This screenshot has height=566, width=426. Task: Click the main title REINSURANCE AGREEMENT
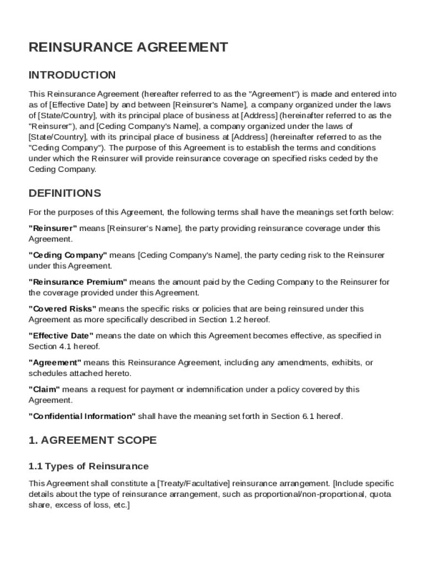pyautogui.click(x=128, y=48)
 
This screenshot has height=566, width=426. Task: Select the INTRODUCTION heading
pyautogui.click(x=72, y=75)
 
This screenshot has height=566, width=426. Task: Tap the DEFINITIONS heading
pyautogui.click(x=65, y=193)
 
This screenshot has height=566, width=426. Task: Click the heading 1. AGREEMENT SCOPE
pyautogui.click(x=92, y=441)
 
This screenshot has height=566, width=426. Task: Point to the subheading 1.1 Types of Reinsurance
pyautogui.click(x=89, y=467)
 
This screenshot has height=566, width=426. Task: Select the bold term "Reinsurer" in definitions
pyautogui.click(x=53, y=228)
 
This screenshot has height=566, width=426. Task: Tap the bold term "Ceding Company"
pyautogui.click(x=67, y=255)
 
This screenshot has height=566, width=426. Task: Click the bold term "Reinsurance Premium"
pyautogui.click(x=77, y=282)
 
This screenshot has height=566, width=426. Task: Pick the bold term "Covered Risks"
pyautogui.click(x=63, y=309)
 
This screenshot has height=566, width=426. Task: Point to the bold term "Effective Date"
pyautogui.click(x=61, y=336)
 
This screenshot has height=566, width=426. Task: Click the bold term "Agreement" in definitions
pyautogui.click(x=55, y=363)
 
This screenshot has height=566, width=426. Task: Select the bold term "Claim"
pyautogui.click(x=44, y=390)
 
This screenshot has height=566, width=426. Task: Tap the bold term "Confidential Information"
pyautogui.click(x=82, y=416)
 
